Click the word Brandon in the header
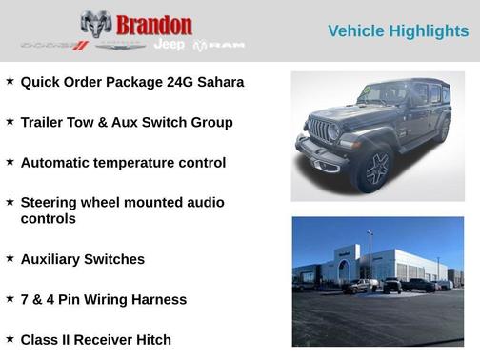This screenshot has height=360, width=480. tap(154, 25)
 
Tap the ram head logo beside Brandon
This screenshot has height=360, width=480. tap(96, 24)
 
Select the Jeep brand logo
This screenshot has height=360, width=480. tap(170, 45)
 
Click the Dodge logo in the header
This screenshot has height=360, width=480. tap(54, 45)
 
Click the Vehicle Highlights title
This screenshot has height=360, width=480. tap(398, 31)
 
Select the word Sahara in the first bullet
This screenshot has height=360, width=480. tap(217, 82)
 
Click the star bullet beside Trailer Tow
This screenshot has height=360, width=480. tap(10, 121)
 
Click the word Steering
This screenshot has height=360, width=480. tap(51, 202)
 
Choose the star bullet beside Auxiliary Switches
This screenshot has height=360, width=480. tap(10, 257)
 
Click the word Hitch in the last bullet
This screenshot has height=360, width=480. tap(151, 339)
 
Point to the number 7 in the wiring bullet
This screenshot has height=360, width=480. tap(25, 299)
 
